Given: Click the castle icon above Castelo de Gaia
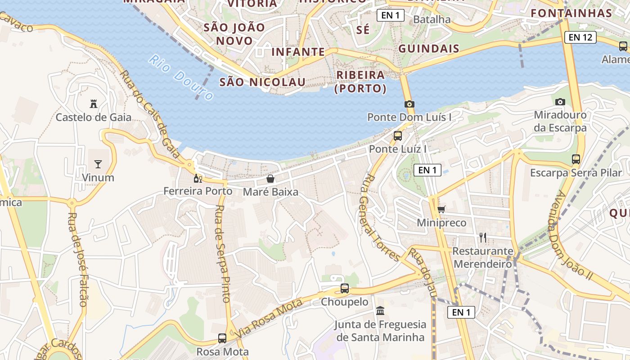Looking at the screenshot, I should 94,104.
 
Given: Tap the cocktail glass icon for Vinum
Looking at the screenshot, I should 98,164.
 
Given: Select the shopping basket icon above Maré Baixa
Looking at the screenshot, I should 270,179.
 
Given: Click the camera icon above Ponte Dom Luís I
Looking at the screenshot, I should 409,104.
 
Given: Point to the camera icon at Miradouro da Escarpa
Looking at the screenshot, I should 560,102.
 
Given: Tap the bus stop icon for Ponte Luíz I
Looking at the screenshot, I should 398,135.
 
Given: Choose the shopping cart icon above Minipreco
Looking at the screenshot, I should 441,209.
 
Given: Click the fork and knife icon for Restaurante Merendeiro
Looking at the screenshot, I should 483,237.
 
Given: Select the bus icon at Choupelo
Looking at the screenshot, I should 345,288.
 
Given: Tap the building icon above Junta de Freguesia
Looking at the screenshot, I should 380,311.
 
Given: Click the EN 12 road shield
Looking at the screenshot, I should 580,37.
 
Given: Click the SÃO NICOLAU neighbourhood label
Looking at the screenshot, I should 262,82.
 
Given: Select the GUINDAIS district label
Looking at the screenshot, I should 429,49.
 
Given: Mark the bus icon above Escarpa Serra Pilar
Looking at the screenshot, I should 576,159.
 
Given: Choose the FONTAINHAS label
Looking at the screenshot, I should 571,13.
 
